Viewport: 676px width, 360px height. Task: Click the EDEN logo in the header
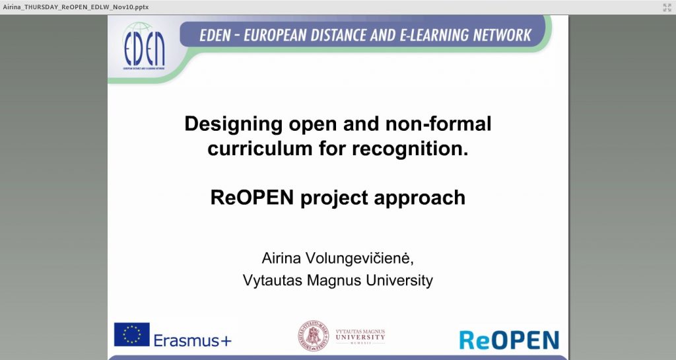pyautogui.click(x=144, y=46)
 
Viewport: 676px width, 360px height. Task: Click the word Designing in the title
pyautogui.click(x=233, y=124)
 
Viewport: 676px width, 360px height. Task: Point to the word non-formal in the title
pyautogui.click(x=438, y=124)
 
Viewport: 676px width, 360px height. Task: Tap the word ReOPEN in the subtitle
pyautogui.click(x=252, y=198)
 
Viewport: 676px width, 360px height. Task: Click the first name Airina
pyautogui.click(x=281, y=258)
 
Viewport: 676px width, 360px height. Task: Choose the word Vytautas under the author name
pyautogui.click(x=273, y=280)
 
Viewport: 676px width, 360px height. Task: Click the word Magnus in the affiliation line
pyautogui.click(x=334, y=281)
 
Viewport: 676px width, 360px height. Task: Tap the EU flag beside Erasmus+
pyautogui.click(x=132, y=334)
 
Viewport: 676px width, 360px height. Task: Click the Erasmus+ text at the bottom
pyautogui.click(x=192, y=341)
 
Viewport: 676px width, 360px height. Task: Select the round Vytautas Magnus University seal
pyautogui.click(x=314, y=336)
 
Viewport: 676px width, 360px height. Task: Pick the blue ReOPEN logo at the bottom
pyautogui.click(x=509, y=340)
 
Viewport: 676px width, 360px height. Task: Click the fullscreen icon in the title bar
pyautogui.click(x=667, y=7)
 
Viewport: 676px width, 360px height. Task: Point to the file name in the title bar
pyautogui.click(x=75, y=7)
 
